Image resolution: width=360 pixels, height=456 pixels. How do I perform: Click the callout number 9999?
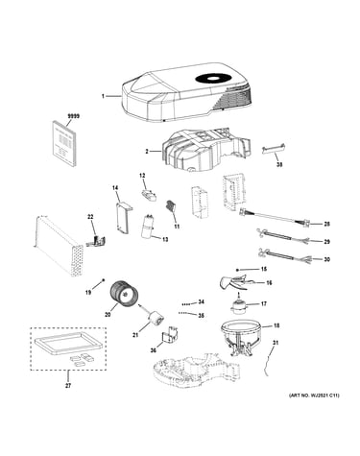(x=73, y=116)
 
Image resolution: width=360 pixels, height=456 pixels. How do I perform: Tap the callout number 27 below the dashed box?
(x=68, y=386)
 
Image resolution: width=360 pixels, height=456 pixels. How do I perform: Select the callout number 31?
(x=276, y=343)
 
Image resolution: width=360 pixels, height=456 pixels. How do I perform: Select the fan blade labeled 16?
(x=235, y=282)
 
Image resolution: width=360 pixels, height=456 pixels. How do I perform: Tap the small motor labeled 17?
(x=237, y=304)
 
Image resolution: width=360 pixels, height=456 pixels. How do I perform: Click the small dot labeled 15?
(x=237, y=269)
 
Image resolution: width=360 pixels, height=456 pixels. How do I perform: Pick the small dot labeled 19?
(x=104, y=280)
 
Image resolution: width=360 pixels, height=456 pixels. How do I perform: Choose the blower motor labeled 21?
(x=156, y=318)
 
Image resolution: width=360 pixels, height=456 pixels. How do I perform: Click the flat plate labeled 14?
(x=123, y=218)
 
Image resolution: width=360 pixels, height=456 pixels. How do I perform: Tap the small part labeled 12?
(x=149, y=194)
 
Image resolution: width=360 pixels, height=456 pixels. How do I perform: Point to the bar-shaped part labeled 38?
(x=273, y=149)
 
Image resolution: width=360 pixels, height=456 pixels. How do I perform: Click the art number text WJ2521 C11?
(x=314, y=396)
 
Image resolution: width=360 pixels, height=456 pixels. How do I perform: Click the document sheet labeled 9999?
(x=64, y=143)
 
